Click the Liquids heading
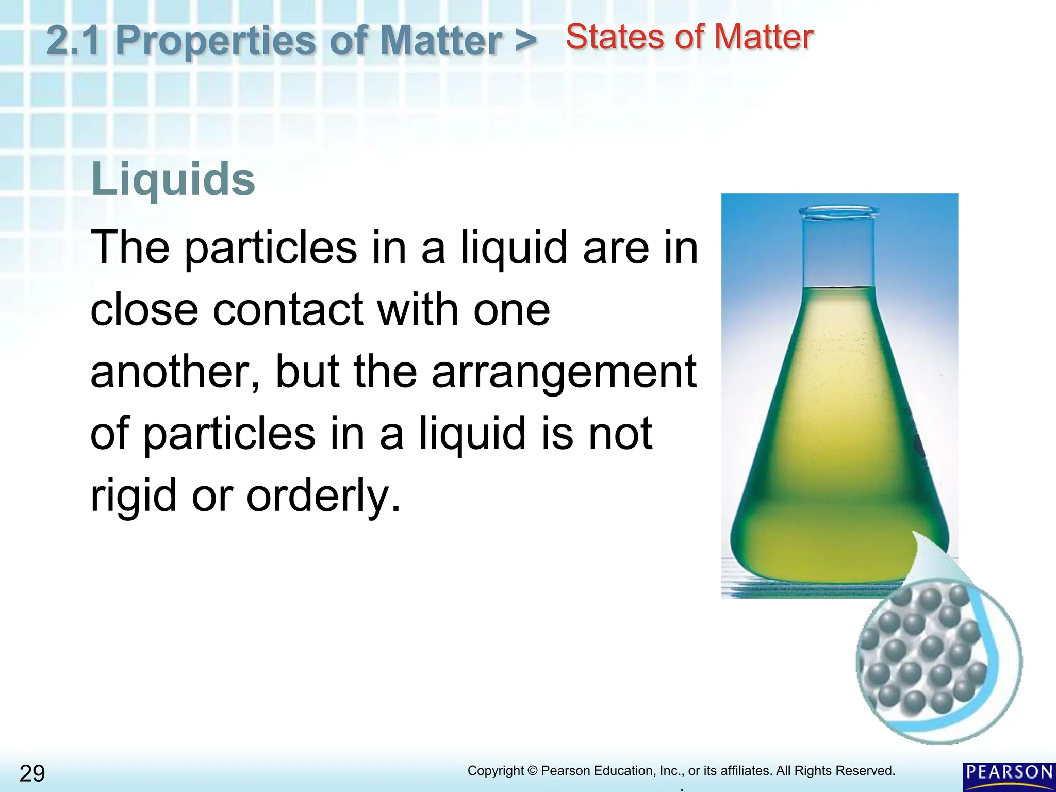(173, 179)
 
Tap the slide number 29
(32, 773)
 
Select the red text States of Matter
(689, 37)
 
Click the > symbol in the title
(525, 40)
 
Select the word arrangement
(564, 372)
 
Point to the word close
(144, 310)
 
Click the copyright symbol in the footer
(533, 771)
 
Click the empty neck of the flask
(839, 253)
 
